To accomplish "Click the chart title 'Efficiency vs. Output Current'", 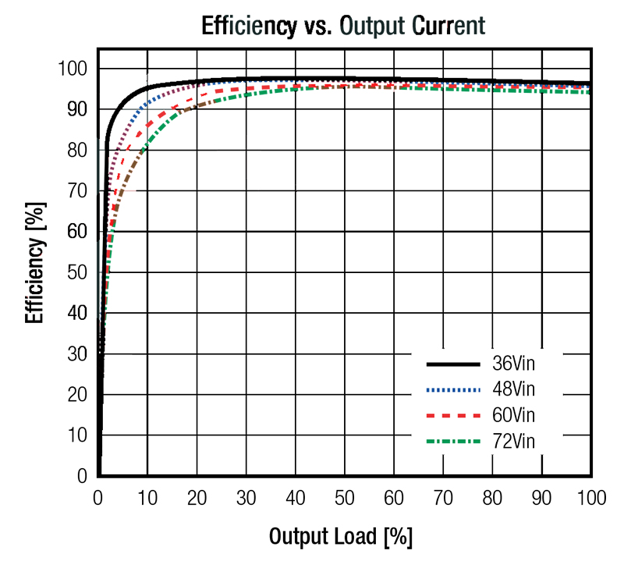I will (x=343, y=26).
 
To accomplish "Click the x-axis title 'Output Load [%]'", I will (x=341, y=537).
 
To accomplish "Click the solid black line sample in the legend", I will (x=452, y=364).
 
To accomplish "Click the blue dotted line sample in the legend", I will (x=452, y=389).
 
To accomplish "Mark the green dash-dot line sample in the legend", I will (x=452, y=441).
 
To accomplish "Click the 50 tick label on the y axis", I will (x=76, y=272).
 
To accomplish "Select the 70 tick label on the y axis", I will (x=76, y=190).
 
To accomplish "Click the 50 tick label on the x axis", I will (x=344, y=497).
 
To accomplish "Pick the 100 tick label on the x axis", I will (x=590, y=497).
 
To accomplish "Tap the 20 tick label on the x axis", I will (x=197, y=497).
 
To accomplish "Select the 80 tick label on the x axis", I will (x=492, y=497).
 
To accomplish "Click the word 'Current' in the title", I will (x=445, y=26).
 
